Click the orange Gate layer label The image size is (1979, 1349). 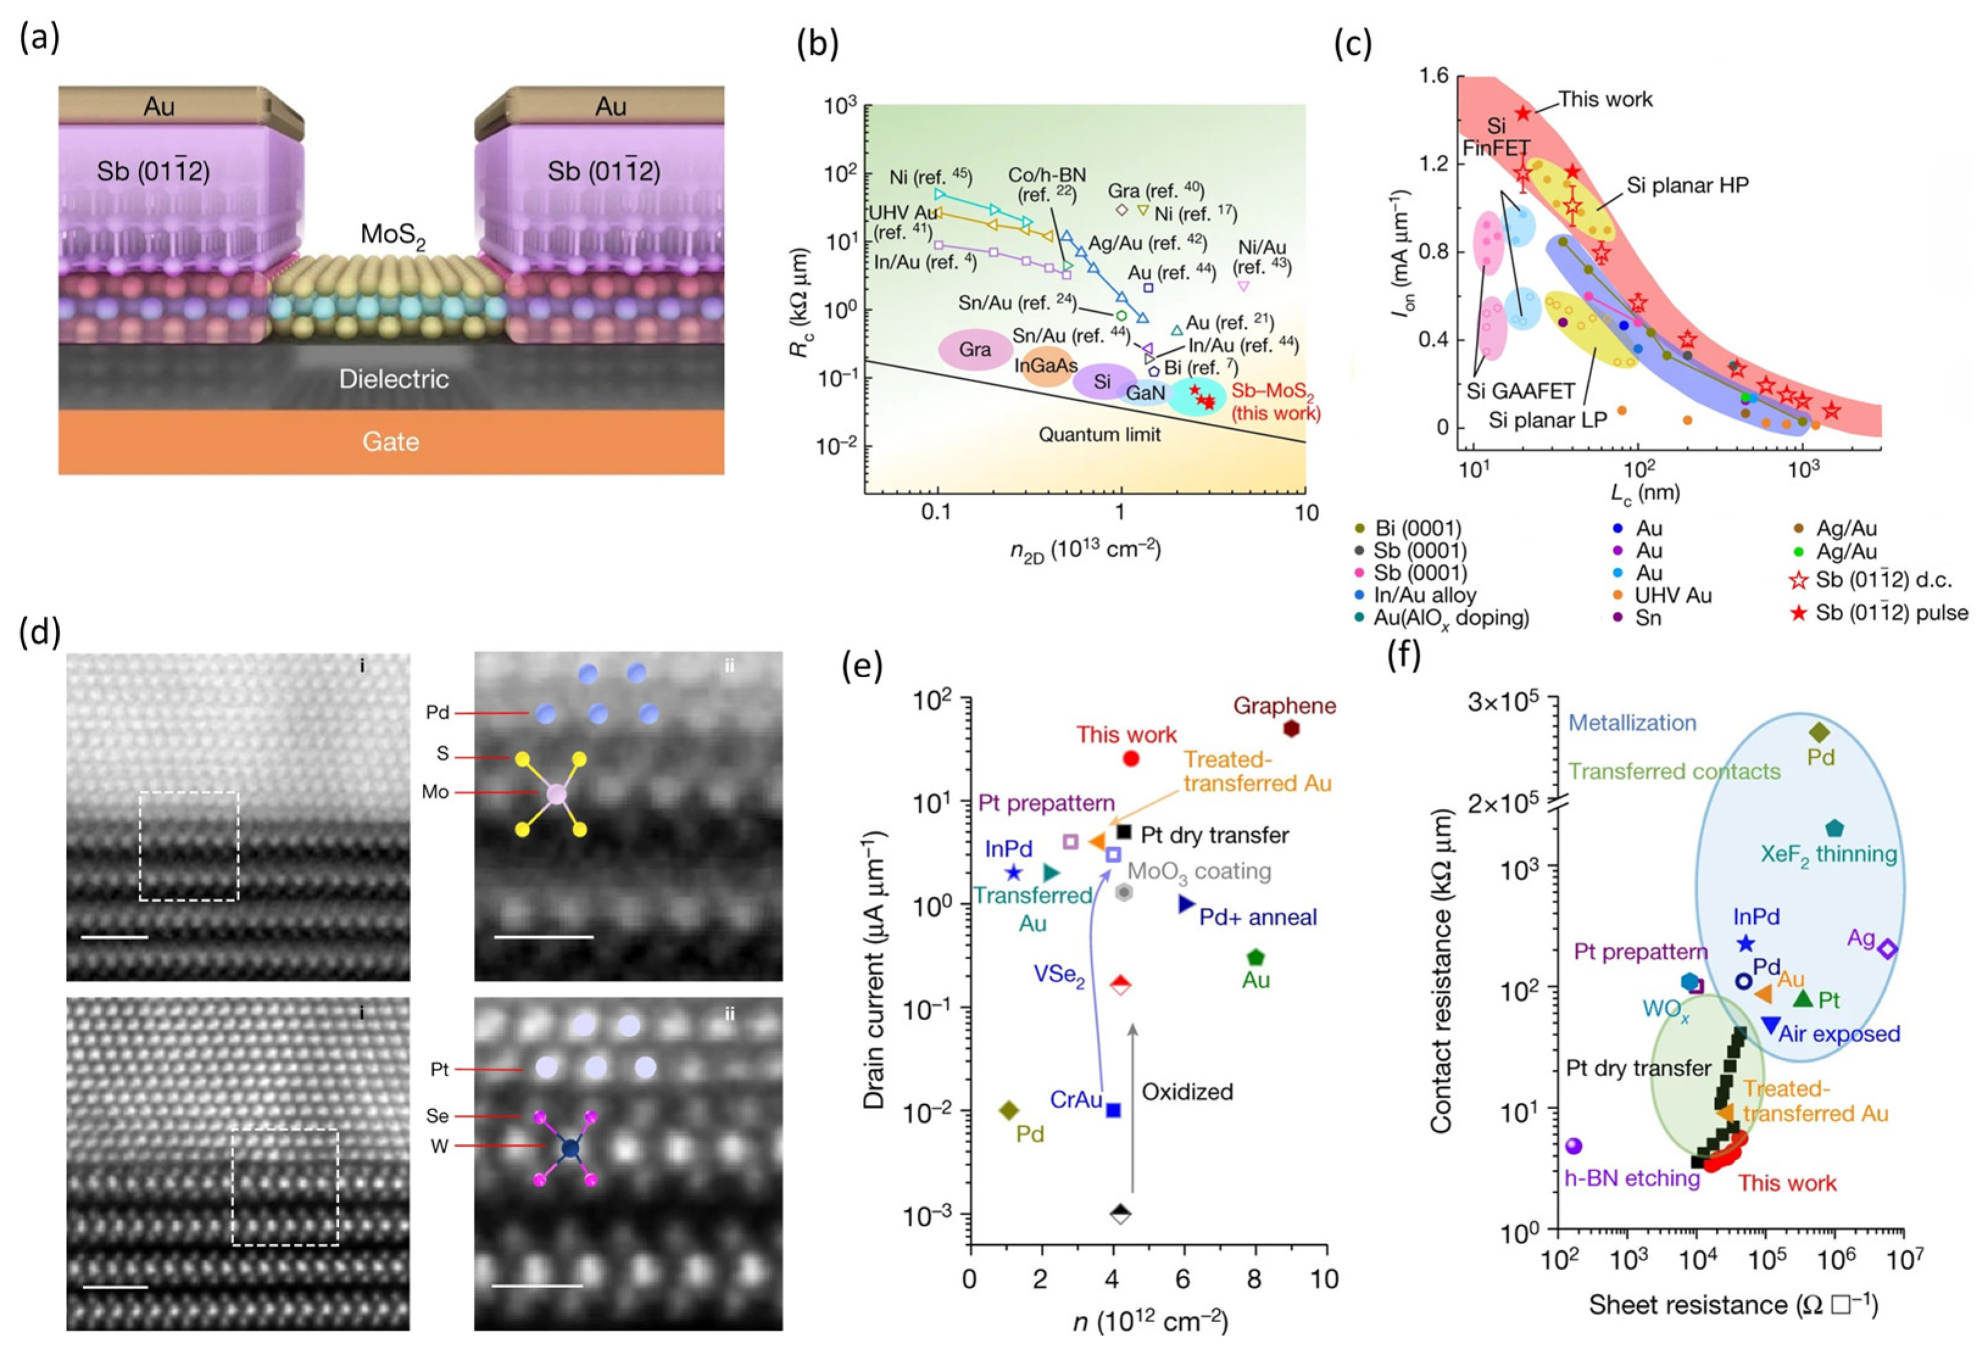pos(391,442)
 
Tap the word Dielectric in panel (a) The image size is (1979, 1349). pos(394,379)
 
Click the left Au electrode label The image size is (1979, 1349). pos(159,107)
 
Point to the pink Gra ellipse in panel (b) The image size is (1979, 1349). pos(974,350)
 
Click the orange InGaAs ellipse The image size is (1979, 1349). pos(1046,366)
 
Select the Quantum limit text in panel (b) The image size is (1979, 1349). pos(1099,435)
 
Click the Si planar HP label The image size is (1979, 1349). pos(1688,186)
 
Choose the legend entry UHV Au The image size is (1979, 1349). pos(1673,595)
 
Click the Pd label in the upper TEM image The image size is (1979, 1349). pos(437,713)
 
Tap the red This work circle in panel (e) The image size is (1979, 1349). pos(1131,758)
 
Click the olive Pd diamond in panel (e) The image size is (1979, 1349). pos(1009,1110)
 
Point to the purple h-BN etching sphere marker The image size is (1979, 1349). pos(1574,1146)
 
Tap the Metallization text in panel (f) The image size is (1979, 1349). pos(1632,724)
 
